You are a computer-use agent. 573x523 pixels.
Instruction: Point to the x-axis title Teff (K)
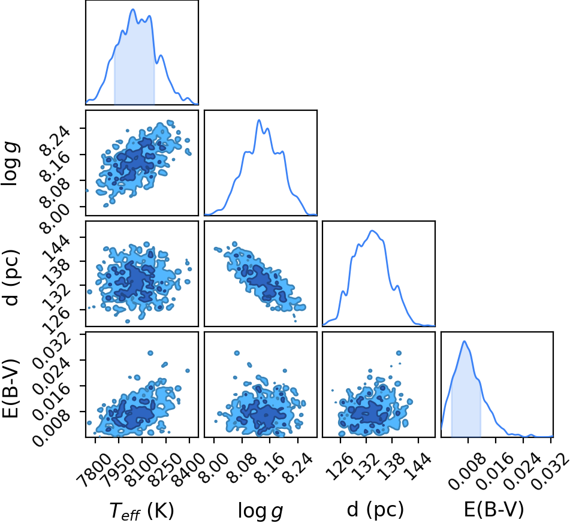click(142, 510)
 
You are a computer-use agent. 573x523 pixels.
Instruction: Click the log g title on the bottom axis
click(261, 511)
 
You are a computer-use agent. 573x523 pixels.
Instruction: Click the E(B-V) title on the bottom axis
click(494, 509)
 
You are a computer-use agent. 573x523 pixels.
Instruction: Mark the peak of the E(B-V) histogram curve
click(465, 341)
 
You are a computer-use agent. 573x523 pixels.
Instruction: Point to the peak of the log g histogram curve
click(259, 120)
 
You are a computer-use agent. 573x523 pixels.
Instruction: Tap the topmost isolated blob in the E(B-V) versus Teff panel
click(150, 353)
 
